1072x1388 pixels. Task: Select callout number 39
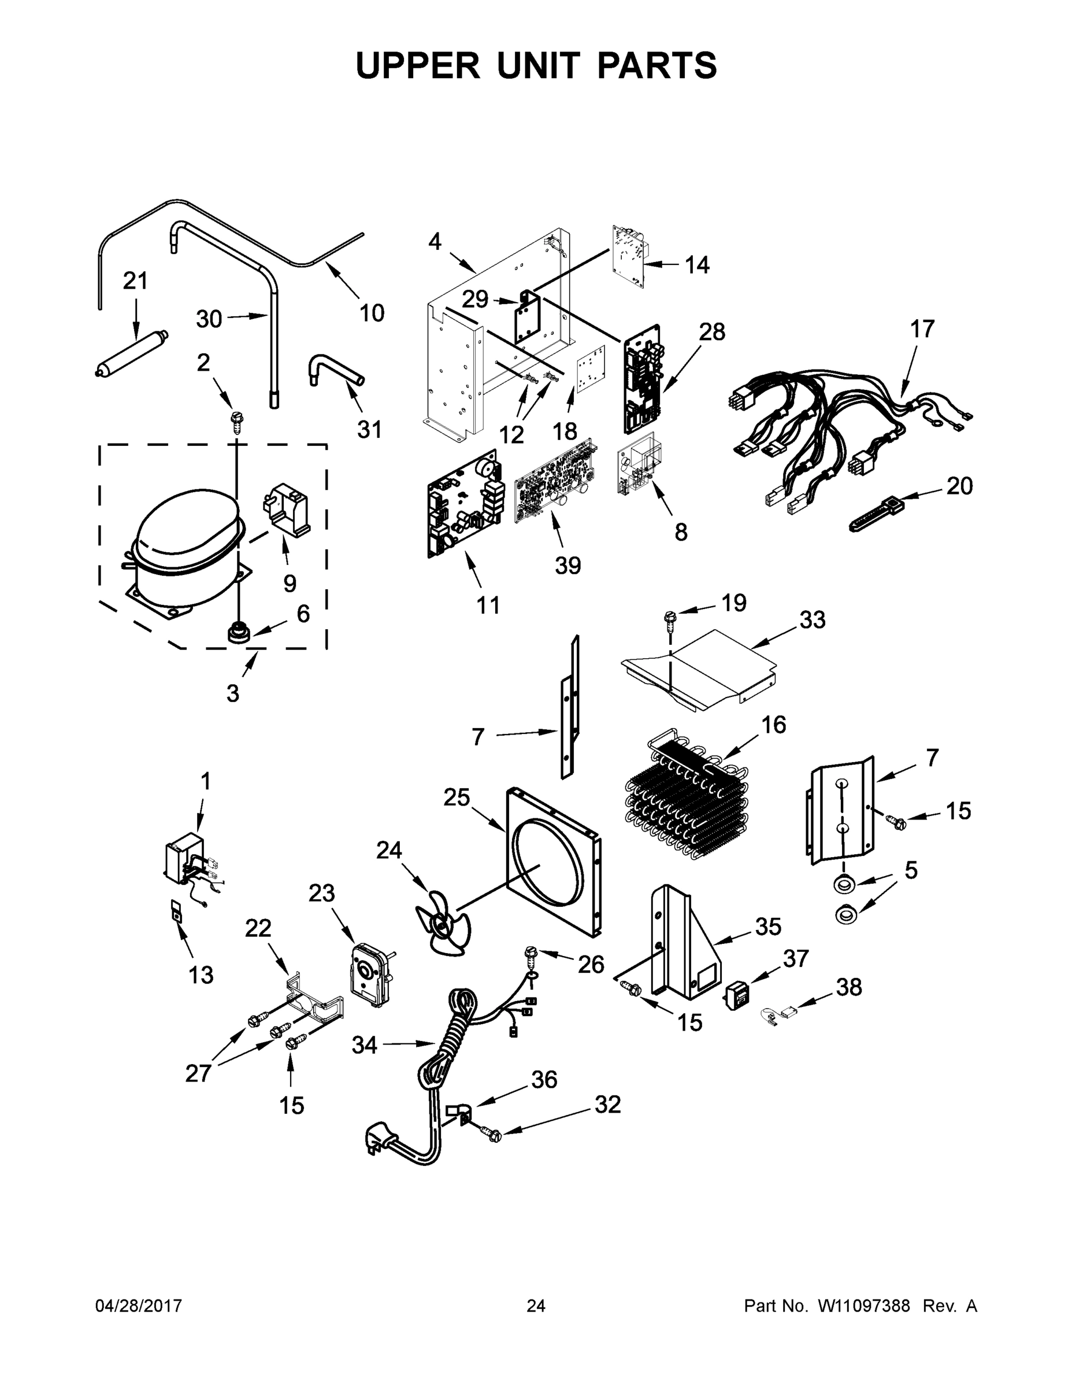pos(567,565)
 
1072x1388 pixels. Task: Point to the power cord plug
pos(377,1141)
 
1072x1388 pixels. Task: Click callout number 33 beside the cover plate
pos(813,619)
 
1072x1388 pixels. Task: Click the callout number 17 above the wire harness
pos(922,329)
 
